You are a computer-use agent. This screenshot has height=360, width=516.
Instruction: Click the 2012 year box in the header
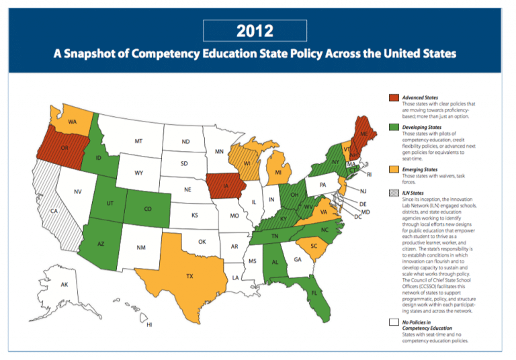coord(255,31)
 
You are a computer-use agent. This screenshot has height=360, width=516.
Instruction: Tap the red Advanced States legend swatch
coord(393,98)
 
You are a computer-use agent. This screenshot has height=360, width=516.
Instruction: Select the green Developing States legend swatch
coord(393,126)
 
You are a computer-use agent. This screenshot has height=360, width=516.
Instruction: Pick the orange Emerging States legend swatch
coord(393,170)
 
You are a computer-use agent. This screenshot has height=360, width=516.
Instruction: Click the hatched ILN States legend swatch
coord(393,192)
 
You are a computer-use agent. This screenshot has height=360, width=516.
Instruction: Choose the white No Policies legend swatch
coord(393,322)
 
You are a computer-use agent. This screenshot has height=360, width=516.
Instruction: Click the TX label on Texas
coord(190,276)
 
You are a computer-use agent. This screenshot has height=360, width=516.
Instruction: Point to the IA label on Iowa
coord(226,186)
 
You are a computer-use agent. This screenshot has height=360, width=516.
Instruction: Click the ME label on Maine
coord(364,134)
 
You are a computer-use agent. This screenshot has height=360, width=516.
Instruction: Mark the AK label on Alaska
coord(64,285)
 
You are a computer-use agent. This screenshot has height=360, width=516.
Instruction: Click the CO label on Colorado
coord(148,209)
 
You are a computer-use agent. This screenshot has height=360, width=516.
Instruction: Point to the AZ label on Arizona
coord(101,244)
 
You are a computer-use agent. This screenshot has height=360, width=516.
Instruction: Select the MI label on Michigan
coord(278,173)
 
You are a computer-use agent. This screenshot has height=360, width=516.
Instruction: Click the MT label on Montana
coord(138,142)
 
